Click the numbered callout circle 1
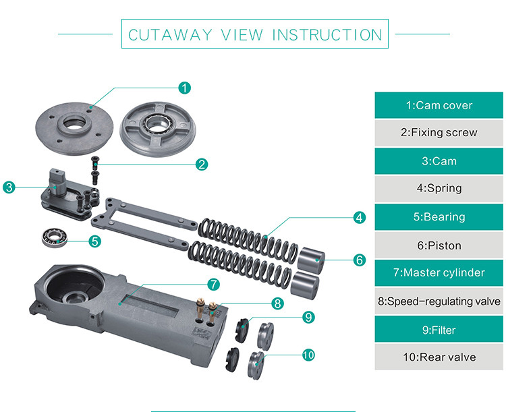(x=184, y=88)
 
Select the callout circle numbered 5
(x=95, y=240)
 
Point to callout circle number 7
(x=213, y=285)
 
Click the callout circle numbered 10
(x=309, y=355)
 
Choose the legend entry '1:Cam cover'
(x=439, y=105)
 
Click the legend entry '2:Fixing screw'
(x=439, y=133)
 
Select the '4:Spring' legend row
(x=439, y=189)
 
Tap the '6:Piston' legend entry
(x=439, y=245)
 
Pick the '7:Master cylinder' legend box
(x=439, y=273)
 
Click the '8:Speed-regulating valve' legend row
(x=439, y=301)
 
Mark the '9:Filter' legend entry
(x=439, y=330)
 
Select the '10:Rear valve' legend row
(x=439, y=357)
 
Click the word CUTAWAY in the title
(x=161, y=34)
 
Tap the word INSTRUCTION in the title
(x=327, y=34)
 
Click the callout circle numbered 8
(x=277, y=303)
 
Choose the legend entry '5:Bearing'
(x=439, y=217)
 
